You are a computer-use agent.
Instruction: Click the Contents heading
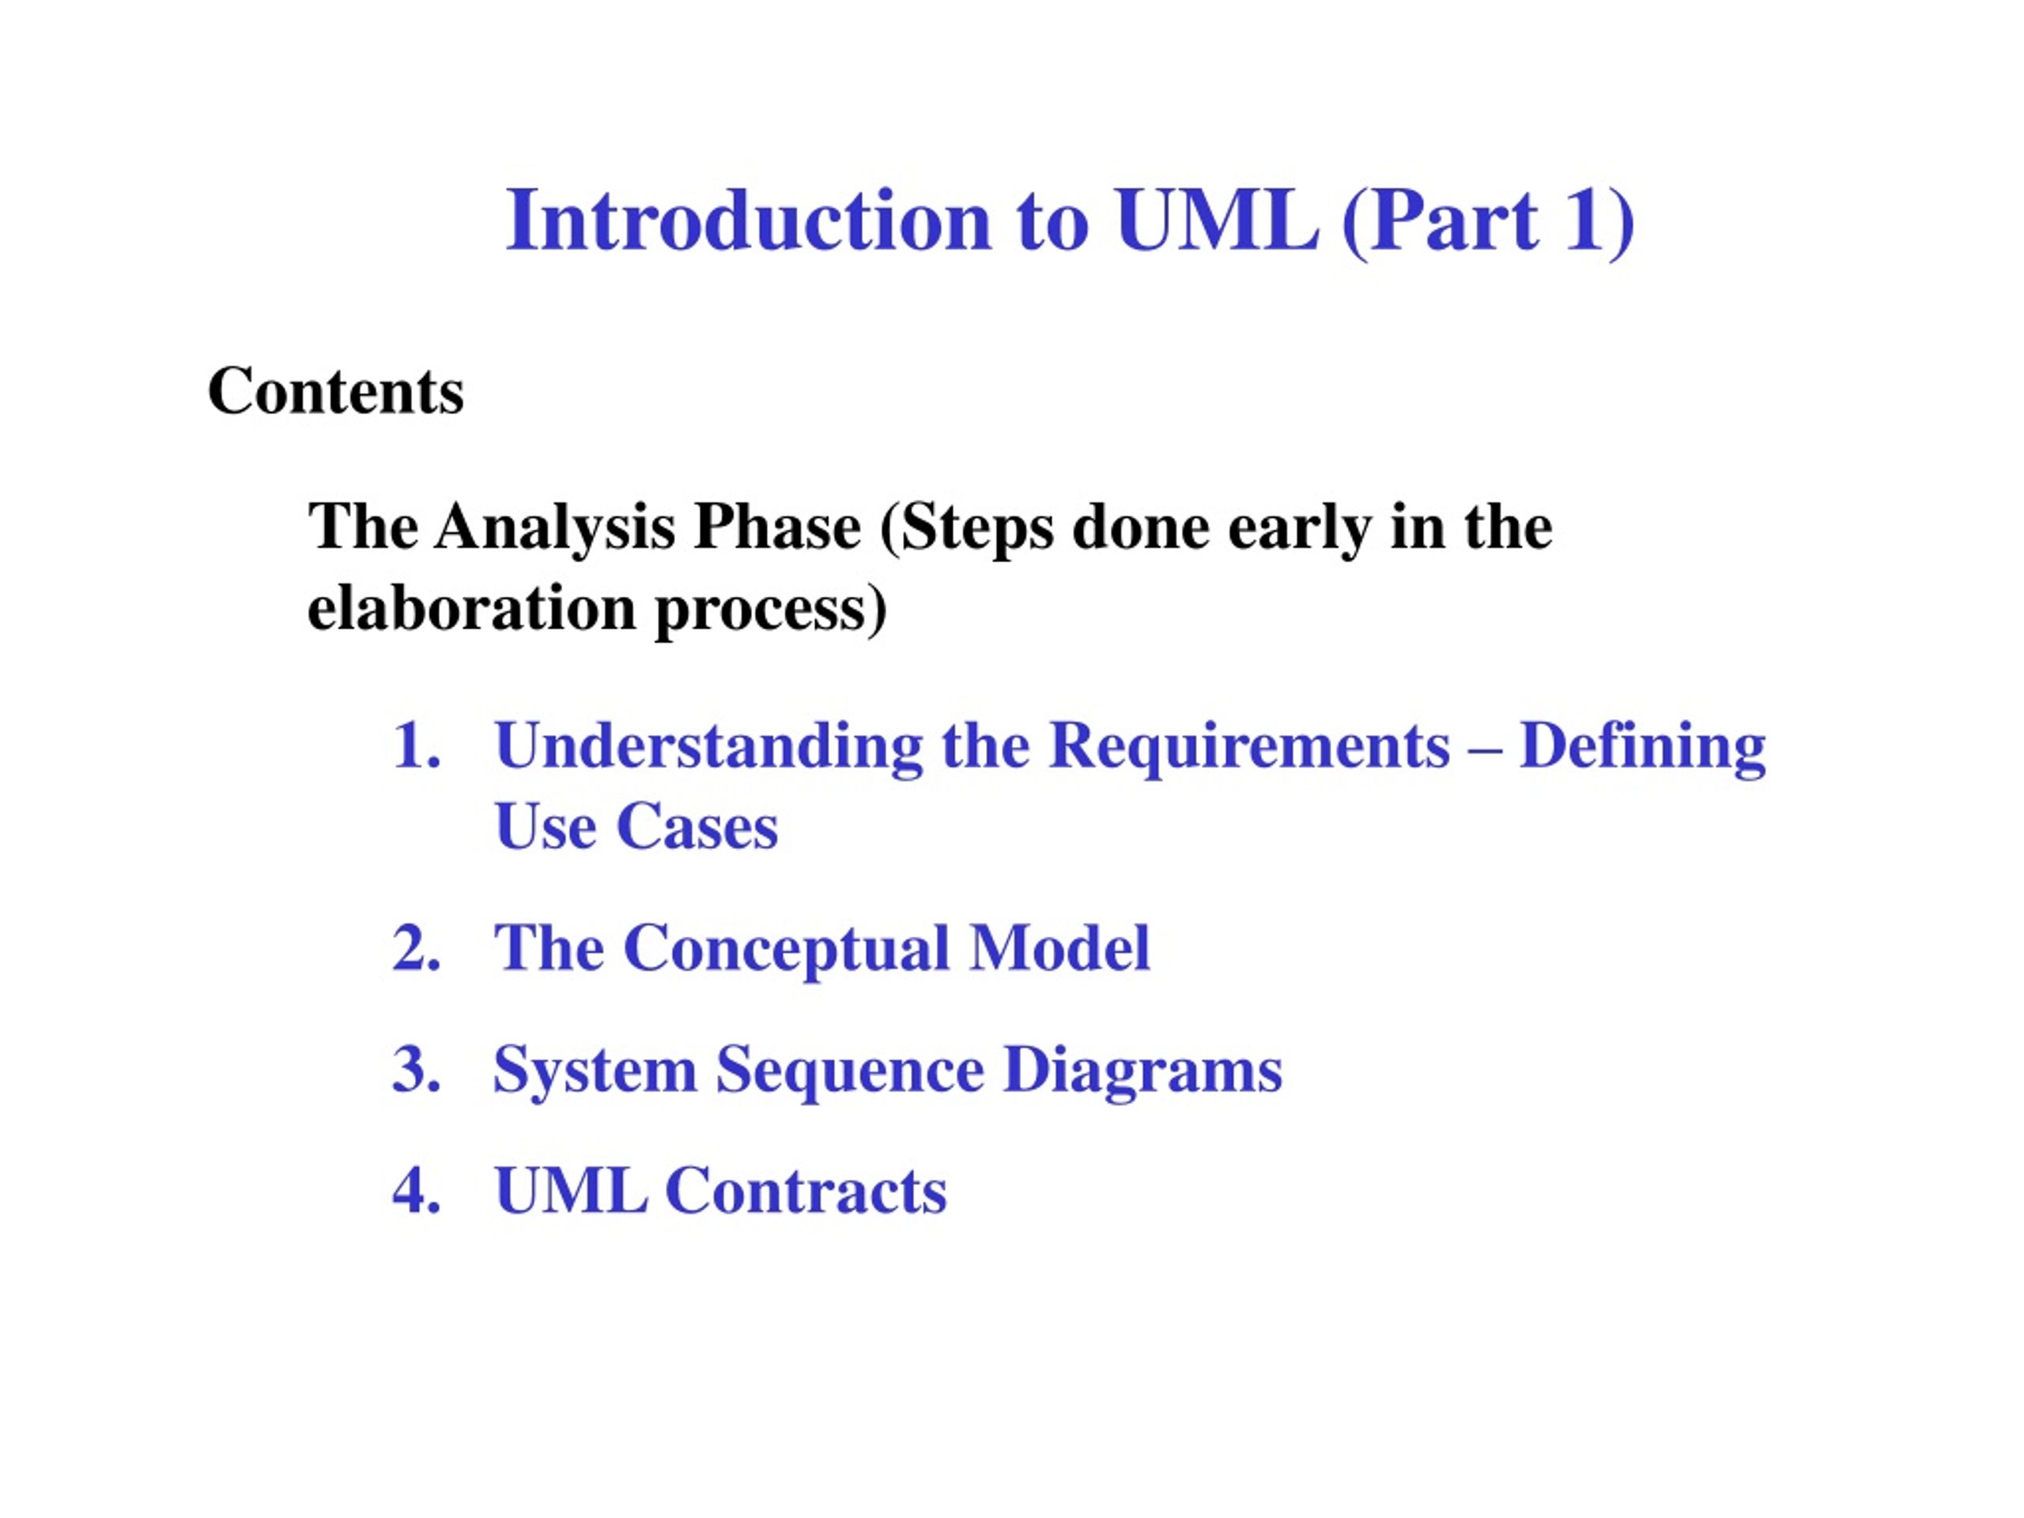pyautogui.click(x=336, y=391)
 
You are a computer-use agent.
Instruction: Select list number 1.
pyautogui.click(x=417, y=746)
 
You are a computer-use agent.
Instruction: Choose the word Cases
pyautogui.click(x=697, y=827)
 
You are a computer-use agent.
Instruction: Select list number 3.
pyautogui.click(x=417, y=1070)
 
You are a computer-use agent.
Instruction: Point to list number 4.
pyautogui.click(x=417, y=1191)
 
